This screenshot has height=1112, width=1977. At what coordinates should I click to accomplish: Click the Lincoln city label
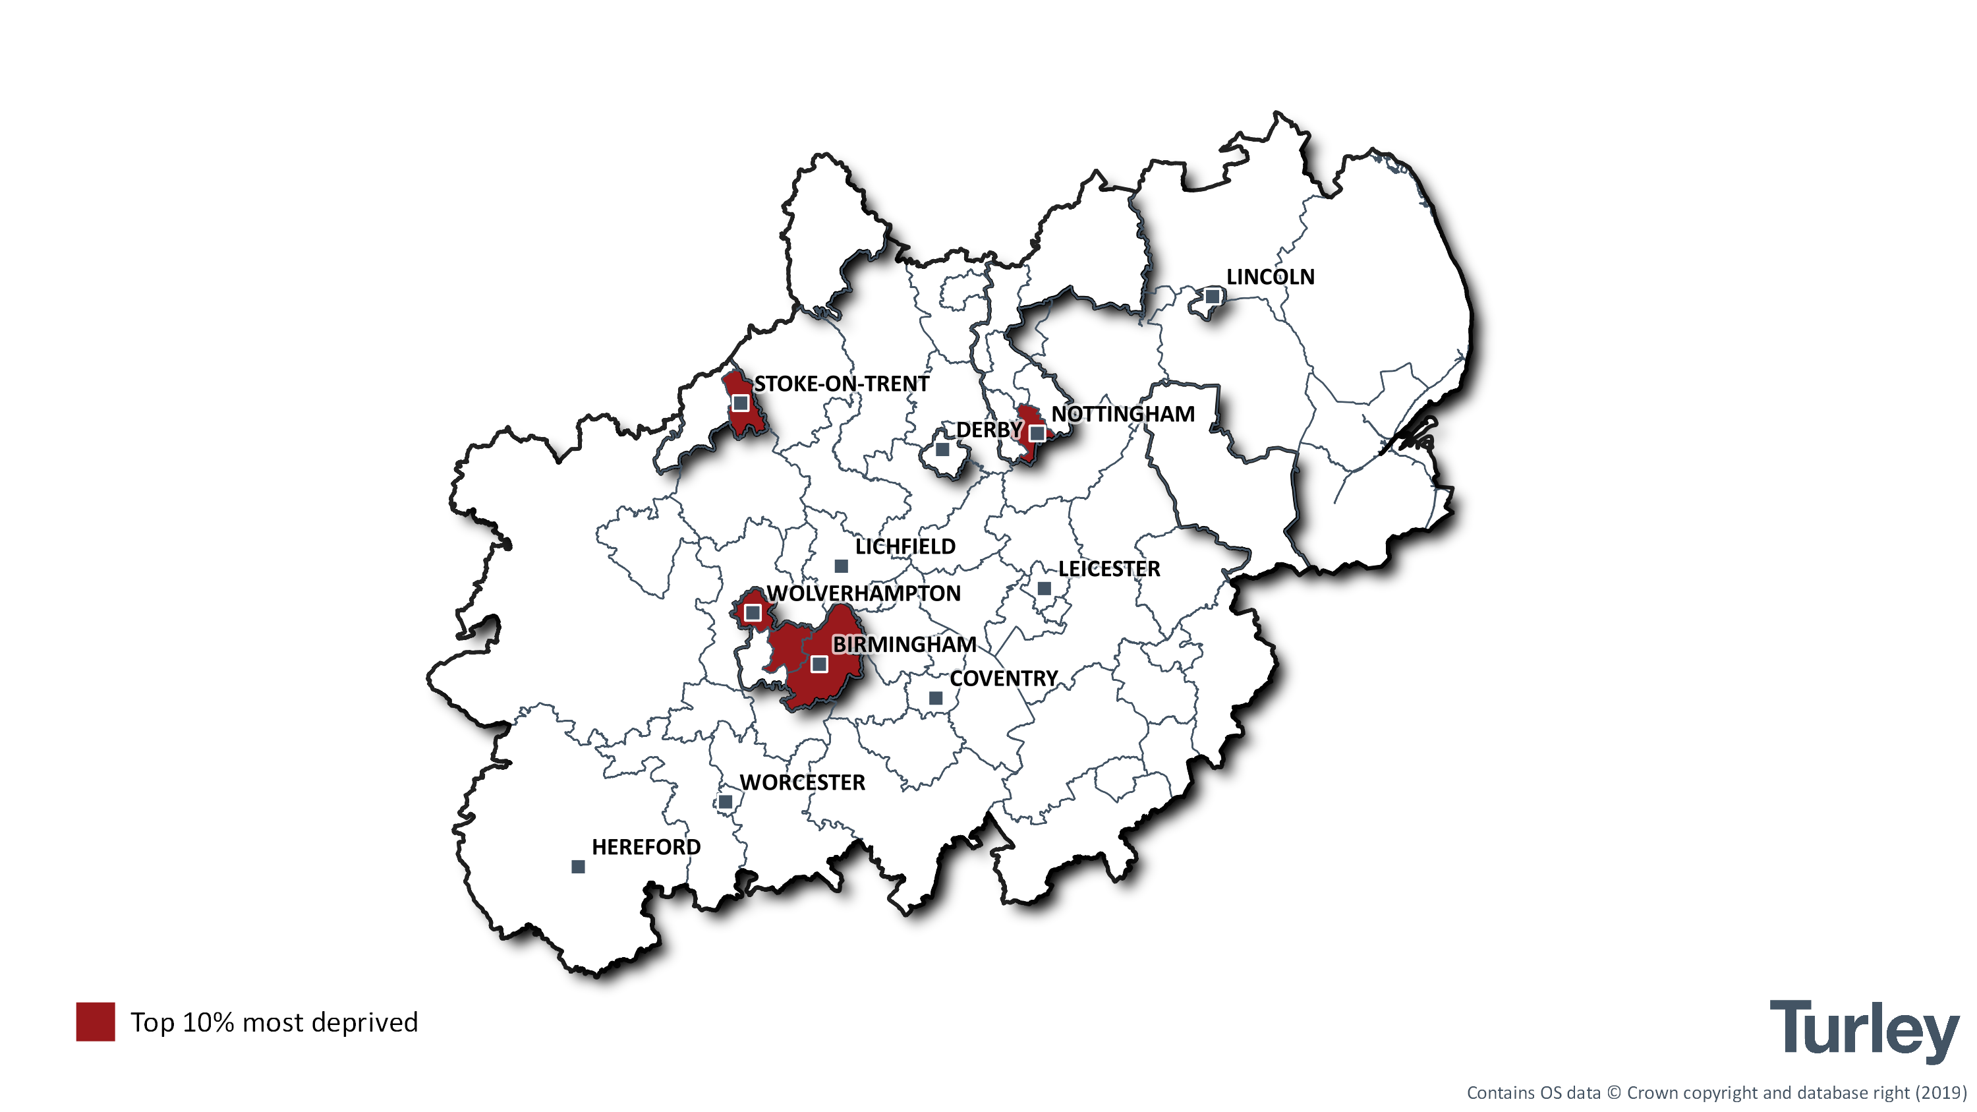click(1270, 276)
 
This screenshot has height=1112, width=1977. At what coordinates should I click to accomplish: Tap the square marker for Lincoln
click(1212, 296)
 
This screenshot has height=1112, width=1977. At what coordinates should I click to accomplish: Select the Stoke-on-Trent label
click(841, 384)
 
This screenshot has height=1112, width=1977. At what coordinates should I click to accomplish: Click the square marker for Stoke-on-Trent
click(740, 403)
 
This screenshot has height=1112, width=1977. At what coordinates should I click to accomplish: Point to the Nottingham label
click(1122, 415)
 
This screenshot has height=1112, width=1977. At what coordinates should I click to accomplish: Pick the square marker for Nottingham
click(1037, 434)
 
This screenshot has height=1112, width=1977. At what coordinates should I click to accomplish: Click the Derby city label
click(988, 430)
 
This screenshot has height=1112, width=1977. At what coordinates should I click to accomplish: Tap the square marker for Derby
click(942, 449)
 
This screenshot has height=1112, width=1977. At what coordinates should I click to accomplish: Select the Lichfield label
click(905, 546)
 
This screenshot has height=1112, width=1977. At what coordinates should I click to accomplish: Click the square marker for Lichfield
click(841, 566)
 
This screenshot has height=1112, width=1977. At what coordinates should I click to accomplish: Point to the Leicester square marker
click(1044, 589)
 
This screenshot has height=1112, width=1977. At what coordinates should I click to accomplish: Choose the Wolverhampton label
click(863, 593)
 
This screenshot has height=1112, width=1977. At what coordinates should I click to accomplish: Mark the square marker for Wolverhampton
click(753, 613)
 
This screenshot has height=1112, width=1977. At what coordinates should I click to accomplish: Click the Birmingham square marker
click(820, 664)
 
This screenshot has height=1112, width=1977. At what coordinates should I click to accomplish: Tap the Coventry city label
click(1003, 678)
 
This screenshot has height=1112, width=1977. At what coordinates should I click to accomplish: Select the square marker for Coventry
click(936, 698)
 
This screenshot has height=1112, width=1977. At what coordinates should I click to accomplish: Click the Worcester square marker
click(726, 802)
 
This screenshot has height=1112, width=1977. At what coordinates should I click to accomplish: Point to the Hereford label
click(645, 847)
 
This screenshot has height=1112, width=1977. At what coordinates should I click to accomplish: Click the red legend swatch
click(95, 1022)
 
